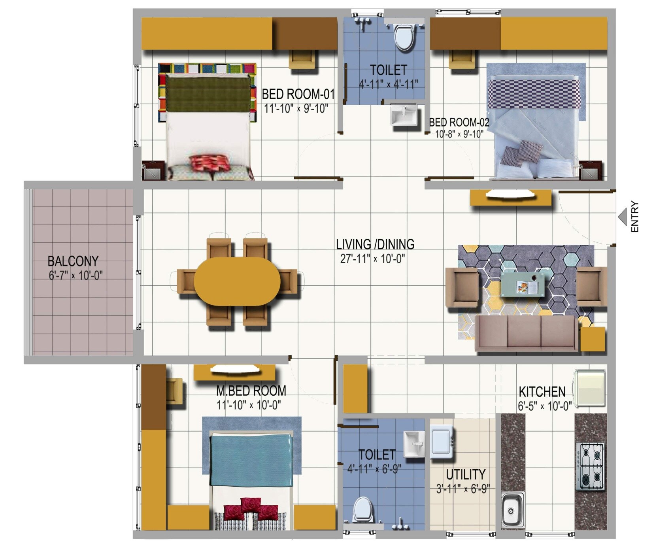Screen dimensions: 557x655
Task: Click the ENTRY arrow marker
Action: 622,217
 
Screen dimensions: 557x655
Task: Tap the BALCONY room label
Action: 73,261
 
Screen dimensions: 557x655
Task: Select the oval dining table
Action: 237,281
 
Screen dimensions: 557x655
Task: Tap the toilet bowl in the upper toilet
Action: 404,37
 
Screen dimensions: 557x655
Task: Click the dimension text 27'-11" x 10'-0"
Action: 372,259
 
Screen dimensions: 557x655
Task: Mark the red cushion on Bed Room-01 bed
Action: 210,162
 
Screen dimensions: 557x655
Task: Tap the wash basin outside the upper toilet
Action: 404,115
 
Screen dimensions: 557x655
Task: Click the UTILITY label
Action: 465,474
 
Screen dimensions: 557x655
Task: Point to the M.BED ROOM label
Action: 251,391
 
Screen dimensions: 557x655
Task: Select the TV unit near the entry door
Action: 510,196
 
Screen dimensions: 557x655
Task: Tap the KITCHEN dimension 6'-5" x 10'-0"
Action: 544,406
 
